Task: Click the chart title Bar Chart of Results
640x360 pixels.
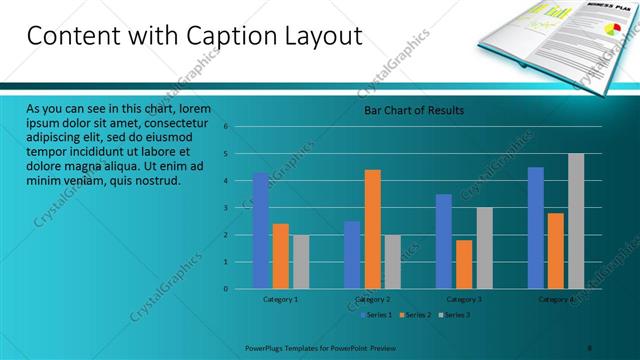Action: (x=413, y=110)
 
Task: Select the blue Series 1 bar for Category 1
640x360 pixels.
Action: (x=260, y=230)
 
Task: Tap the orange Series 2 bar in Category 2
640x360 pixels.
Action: (x=372, y=229)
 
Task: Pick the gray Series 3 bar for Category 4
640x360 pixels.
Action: (x=576, y=221)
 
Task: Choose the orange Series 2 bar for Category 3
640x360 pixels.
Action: (x=463, y=264)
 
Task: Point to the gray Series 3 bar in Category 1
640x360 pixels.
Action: (x=300, y=261)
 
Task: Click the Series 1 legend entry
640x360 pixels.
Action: (x=375, y=315)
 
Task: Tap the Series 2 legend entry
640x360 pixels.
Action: (x=414, y=315)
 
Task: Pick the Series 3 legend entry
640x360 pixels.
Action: (x=454, y=315)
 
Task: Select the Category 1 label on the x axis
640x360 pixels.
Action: (x=280, y=299)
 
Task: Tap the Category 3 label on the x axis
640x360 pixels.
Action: (x=463, y=299)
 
